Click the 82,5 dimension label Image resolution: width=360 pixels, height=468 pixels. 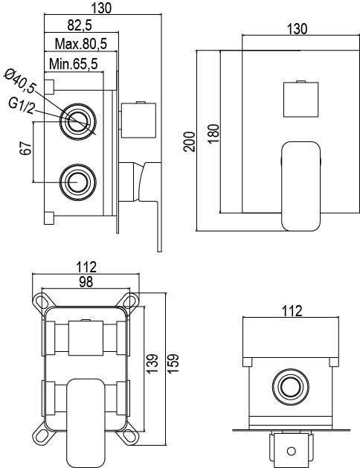point(79,28)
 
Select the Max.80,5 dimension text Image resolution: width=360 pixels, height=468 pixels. point(82,45)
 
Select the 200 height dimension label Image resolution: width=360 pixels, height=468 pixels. point(188,138)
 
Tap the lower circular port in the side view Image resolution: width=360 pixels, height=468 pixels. point(76,179)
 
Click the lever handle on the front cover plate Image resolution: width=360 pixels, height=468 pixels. point(301,182)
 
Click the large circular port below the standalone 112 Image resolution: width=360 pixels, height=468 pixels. point(289,388)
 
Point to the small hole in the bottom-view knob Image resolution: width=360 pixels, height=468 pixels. point(289,450)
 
